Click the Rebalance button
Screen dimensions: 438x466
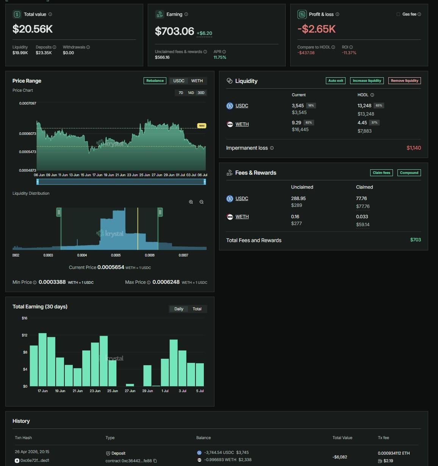pyautogui.click(x=155, y=81)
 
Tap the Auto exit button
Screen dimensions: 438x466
pyautogui.click(x=335, y=81)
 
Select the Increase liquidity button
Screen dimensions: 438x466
pyautogui.click(x=367, y=81)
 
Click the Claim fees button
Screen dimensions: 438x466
pyautogui.click(x=381, y=173)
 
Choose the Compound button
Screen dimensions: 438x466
pyautogui.click(x=409, y=173)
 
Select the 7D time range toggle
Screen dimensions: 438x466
pyautogui.click(x=181, y=93)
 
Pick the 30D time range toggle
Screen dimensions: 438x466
pyautogui.click(x=201, y=93)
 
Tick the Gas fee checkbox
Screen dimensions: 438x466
pyautogui.click(x=398, y=14)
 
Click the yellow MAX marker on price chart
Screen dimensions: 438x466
pyautogui.click(x=202, y=126)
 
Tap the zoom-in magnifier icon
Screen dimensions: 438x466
pyautogui.click(x=191, y=202)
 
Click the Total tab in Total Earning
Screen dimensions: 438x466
pyautogui.click(x=197, y=309)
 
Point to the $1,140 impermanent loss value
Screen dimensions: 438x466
pyautogui.click(x=414, y=148)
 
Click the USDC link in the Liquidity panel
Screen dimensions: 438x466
pyautogui.click(x=241, y=106)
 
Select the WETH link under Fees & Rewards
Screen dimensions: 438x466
pyautogui.click(x=242, y=217)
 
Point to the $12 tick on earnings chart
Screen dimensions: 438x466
pyautogui.click(x=24, y=335)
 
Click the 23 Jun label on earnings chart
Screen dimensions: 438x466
pyautogui.click(x=95, y=391)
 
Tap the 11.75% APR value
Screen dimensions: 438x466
pyautogui.click(x=220, y=57)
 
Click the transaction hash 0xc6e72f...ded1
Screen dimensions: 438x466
pyautogui.click(x=35, y=460)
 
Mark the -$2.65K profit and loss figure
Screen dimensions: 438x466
pyautogui.click(x=316, y=29)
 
